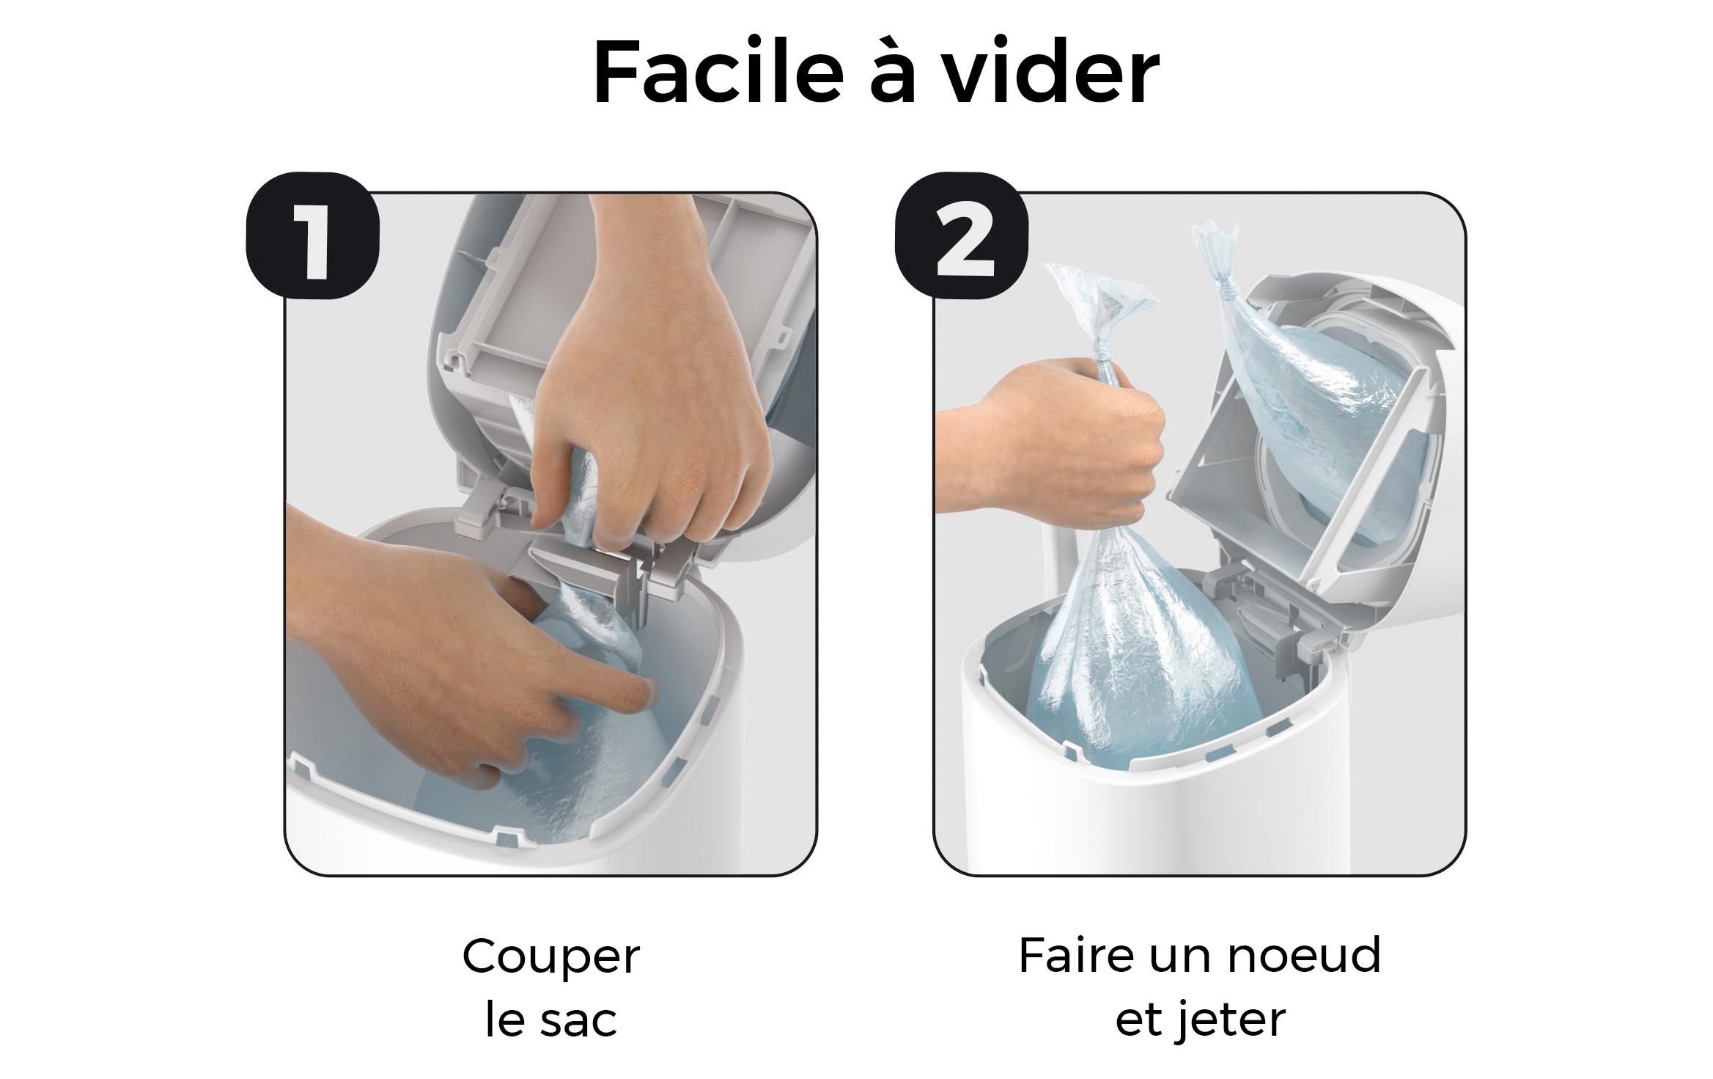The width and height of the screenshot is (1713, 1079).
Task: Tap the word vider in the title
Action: pos(1051,71)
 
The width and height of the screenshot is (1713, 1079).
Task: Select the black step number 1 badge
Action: pos(312,235)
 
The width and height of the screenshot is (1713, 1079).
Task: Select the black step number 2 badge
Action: pos(962,235)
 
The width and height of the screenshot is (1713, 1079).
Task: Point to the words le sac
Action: pos(551,1020)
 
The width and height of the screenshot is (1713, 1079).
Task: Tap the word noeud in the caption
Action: pos(1305,955)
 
